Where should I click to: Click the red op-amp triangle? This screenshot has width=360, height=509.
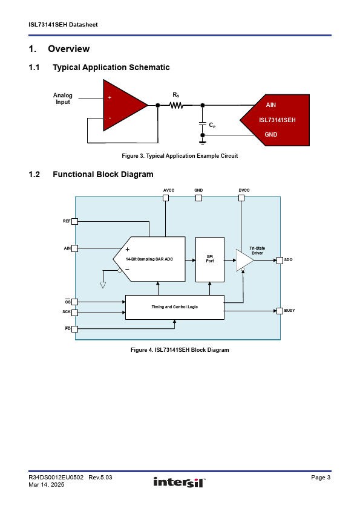coord(122,105)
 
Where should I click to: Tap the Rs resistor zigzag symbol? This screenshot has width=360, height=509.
coord(177,105)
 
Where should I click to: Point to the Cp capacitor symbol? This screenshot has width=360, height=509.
coord(203,124)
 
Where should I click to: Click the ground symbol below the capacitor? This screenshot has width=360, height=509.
coord(203,142)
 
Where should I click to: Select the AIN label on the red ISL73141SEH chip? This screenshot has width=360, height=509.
coord(270,105)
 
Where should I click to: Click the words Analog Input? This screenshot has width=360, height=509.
coord(63,99)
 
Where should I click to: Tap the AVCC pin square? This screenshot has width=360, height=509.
coord(166,198)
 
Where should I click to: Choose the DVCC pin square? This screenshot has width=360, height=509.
coord(241,198)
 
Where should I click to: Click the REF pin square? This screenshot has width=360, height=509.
coord(75,221)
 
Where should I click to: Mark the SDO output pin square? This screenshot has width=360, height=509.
coord(280,261)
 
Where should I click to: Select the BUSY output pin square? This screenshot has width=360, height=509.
coord(280,311)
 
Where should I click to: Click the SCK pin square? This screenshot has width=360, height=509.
coord(75,313)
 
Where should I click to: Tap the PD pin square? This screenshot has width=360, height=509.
coord(75,329)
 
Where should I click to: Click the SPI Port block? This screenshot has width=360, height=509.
coord(210,260)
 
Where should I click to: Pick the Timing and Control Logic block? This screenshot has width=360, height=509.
coord(175,307)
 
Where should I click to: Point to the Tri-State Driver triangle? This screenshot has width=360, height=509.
coord(244,261)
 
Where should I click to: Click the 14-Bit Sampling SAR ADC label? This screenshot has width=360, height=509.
coord(149,259)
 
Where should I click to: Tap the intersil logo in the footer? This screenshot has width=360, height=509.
coord(179,482)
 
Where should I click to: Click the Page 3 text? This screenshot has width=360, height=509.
coord(321,477)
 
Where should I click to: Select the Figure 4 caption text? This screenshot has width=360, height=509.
coord(180,350)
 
